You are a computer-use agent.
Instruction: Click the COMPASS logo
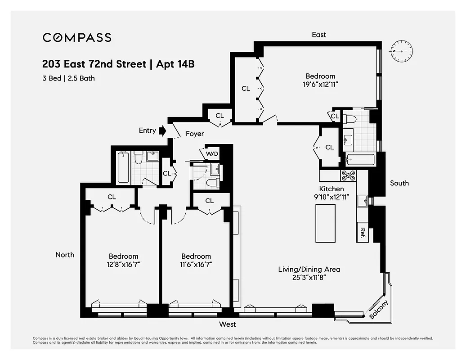pos(77,37)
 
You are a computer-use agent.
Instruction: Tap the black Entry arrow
pos(163,130)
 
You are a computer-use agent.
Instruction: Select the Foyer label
pos(194,134)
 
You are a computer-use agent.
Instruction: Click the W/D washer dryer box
pos(212,153)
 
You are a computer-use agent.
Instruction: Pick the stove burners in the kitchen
pos(349,175)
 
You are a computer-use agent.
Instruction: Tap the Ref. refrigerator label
pos(363,233)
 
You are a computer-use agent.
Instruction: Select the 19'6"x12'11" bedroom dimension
pos(320,84)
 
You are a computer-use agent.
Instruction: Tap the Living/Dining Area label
pos(309,270)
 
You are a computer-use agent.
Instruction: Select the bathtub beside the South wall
pos(360,160)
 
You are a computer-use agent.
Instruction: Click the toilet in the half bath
pos(212,183)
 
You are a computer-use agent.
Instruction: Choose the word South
pos(399,183)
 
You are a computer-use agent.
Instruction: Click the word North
pos(65,255)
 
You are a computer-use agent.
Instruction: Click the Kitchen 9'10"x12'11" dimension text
pos(332,197)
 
